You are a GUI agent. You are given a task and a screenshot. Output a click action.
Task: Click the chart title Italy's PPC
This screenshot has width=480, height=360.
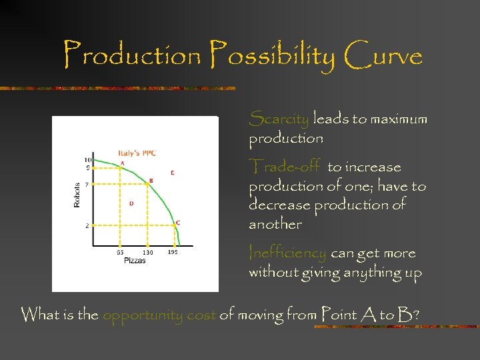coord(138,154)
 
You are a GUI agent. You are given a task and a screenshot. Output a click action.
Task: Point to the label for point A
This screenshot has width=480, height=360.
coord(122,163)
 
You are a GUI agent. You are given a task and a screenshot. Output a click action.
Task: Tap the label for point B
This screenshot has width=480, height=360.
coord(151,180)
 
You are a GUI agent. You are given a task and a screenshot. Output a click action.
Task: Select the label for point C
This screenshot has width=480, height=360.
coord(177,223)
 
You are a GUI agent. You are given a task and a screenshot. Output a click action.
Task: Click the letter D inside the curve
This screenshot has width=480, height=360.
coord(131,203)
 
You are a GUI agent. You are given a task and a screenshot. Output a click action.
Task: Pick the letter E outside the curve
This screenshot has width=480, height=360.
coord(173,173)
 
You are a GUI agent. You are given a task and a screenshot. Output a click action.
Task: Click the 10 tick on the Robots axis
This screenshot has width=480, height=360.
coord(87,160)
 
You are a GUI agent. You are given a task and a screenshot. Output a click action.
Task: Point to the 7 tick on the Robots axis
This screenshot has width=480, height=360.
coord(88,185)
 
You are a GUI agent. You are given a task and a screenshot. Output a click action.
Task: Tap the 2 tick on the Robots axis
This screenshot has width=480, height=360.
coord(88,227)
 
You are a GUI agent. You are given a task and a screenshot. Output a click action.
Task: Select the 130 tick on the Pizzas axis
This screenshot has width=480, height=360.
coord(147,253)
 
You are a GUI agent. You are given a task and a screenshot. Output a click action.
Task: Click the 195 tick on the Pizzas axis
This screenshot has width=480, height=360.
coord(173,253)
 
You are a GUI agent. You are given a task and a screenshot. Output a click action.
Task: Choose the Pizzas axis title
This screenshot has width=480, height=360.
coord(135,261)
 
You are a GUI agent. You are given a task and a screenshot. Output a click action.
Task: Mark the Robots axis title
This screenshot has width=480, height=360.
coord(77,193)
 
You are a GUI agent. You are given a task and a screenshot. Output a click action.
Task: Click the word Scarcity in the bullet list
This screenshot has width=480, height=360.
coord(279,120)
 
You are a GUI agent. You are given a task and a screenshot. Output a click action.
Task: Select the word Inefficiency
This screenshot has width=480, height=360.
coord(287,253)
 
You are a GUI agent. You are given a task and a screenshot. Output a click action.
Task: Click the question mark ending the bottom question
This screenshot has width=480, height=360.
coord(416,314)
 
